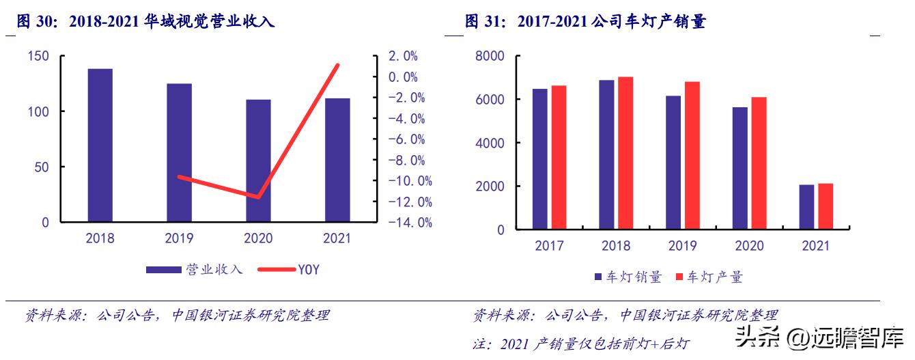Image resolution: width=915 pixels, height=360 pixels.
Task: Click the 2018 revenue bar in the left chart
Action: pos(100,145)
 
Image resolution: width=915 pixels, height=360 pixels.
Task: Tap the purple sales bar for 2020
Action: pos(740,168)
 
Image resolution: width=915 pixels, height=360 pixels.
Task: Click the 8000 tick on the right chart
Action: pos(490,56)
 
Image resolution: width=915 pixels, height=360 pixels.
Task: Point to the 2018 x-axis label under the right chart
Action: pos(616,246)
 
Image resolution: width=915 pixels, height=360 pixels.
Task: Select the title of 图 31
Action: pos(585,22)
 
